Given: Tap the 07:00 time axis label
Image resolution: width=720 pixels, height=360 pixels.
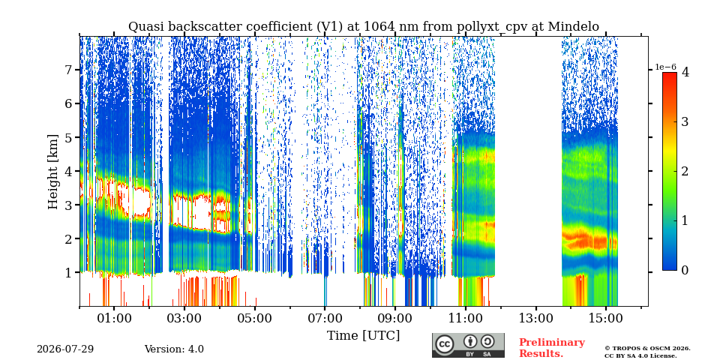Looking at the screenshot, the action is pyautogui.click(x=325, y=318).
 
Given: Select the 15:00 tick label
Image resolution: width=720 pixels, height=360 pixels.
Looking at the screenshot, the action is pyautogui.click(x=606, y=318).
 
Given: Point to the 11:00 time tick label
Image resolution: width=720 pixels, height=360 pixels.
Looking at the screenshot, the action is pyautogui.click(x=466, y=318).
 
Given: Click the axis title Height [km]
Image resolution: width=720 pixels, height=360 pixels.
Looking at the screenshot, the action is pyautogui.click(x=53, y=172).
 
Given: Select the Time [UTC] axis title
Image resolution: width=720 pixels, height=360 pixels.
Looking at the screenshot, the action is pyautogui.click(x=363, y=336).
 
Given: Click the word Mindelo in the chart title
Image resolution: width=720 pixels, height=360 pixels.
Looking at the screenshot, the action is pyautogui.click(x=574, y=27).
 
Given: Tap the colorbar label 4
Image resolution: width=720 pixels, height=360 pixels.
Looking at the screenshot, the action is pyautogui.click(x=685, y=72).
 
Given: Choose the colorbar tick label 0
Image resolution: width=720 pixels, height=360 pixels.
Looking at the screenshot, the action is pyautogui.click(x=685, y=271).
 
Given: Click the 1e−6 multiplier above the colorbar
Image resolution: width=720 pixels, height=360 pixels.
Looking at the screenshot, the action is pyautogui.click(x=665, y=67).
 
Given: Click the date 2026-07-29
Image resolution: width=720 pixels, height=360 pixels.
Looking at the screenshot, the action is pyautogui.click(x=65, y=349).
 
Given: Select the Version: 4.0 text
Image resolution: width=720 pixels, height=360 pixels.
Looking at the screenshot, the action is pyautogui.click(x=174, y=349).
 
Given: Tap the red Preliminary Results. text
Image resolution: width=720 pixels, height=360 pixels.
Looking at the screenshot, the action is pyautogui.click(x=552, y=348).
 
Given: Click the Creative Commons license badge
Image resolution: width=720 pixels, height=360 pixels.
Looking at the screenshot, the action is pyautogui.click(x=468, y=345).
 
